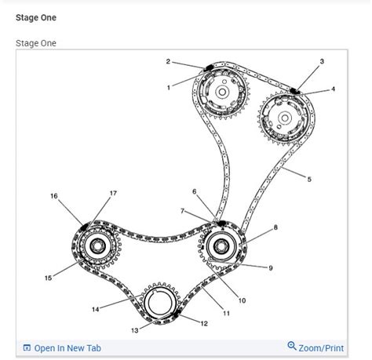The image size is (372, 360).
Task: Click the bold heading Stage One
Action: (x=35, y=16)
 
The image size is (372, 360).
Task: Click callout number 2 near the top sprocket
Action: (x=168, y=60)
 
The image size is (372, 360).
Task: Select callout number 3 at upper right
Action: (x=321, y=61)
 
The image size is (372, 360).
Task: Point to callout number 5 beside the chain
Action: (x=308, y=180)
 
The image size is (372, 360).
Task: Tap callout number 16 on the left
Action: (x=54, y=196)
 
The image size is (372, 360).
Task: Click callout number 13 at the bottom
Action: (x=134, y=330)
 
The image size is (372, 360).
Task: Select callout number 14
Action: (x=95, y=309)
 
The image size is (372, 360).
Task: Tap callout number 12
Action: (x=204, y=323)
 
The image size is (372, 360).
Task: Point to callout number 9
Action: (x=270, y=268)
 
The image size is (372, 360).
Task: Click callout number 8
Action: (x=275, y=227)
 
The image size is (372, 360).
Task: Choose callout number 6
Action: (x=194, y=191)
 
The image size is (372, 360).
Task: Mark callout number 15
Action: (x=48, y=278)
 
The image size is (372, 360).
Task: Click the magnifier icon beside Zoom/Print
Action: (x=292, y=346)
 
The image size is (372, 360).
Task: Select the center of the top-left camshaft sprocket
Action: (x=223, y=93)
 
